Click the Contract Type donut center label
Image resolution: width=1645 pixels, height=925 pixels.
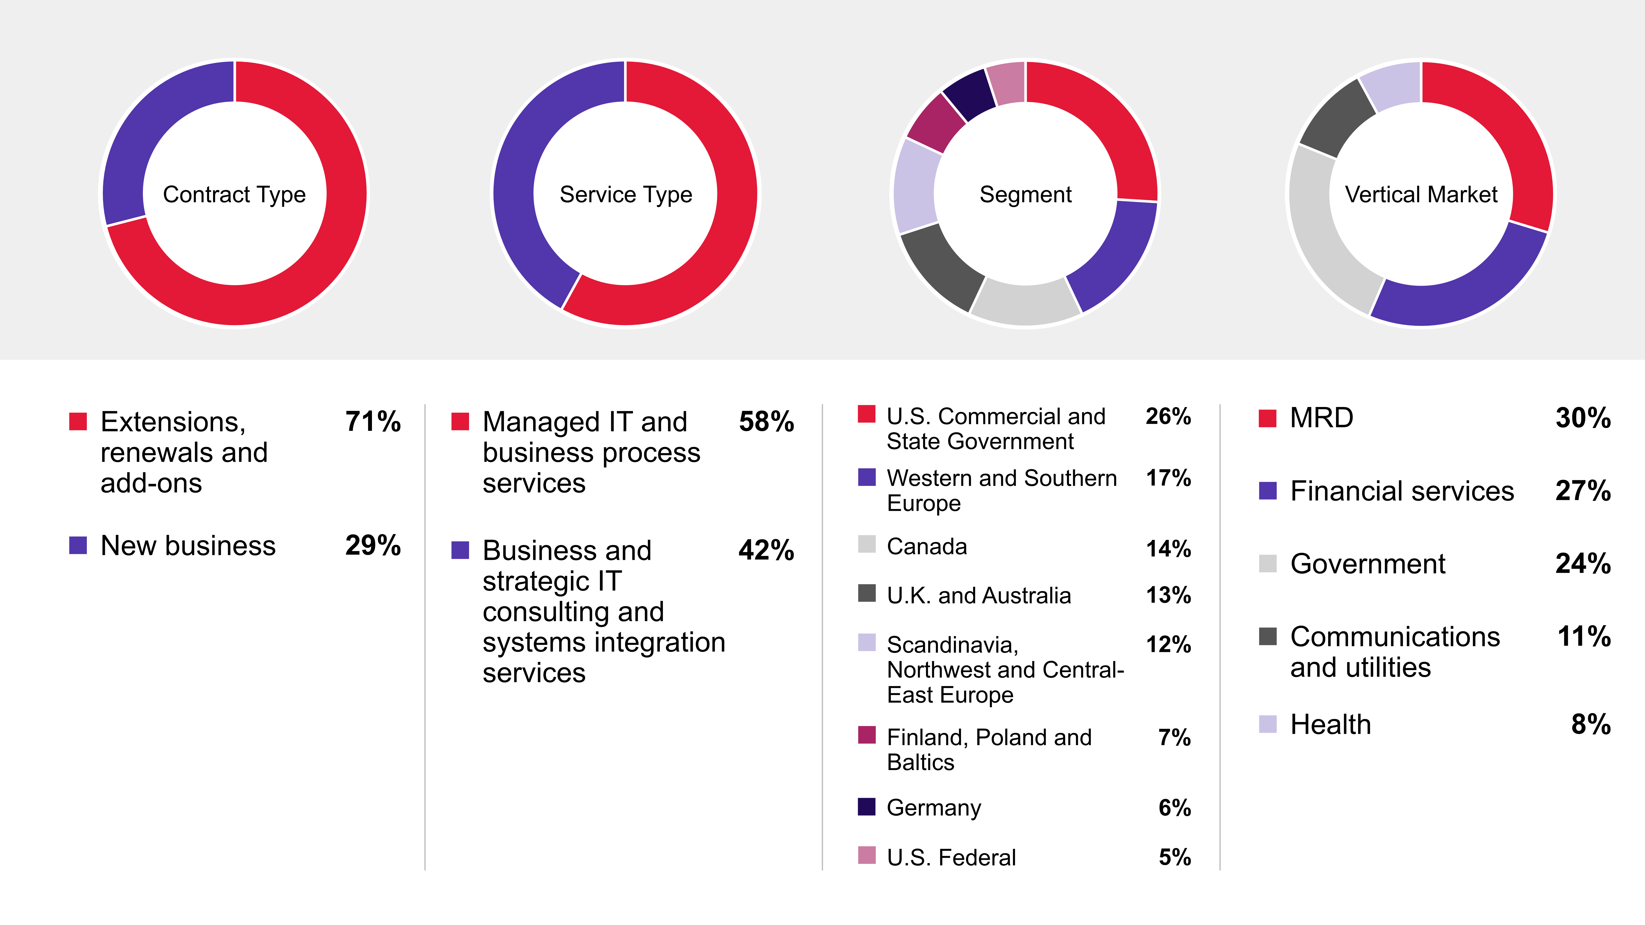(x=234, y=194)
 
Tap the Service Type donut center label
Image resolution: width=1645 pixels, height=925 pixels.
(x=626, y=194)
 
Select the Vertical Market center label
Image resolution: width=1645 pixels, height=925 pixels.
(x=1421, y=194)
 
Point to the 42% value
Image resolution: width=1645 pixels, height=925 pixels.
(x=766, y=550)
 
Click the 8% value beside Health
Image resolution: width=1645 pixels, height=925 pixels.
(x=1591, y=725)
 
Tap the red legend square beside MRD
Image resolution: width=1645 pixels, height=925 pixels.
(x=1268, y=418)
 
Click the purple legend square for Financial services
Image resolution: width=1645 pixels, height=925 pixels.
(x=1268, y=491)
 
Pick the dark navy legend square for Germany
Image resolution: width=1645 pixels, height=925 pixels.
(x=866, y=807)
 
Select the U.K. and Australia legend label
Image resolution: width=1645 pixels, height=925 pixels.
(x=979, y=596)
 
